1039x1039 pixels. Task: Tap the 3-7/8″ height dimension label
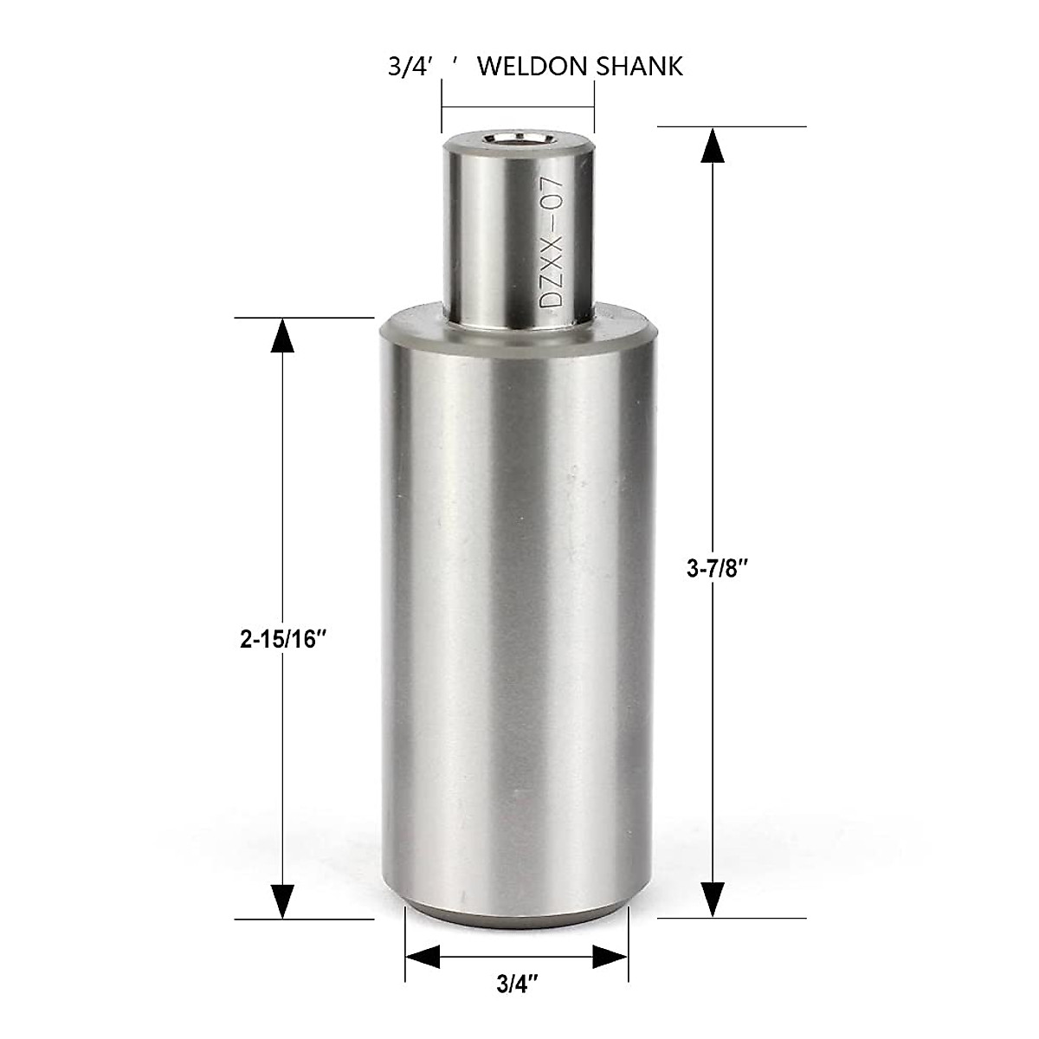click(716, 568)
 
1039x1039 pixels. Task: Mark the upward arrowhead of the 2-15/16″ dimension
click(282, 335)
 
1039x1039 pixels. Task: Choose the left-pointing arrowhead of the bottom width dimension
click(423, 957)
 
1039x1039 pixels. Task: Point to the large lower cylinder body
click(517, 606)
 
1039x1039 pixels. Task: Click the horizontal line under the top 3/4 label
click(518, 107)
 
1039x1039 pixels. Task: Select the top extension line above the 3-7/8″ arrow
click(732, 126)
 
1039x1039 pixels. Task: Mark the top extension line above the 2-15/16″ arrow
click(303, 318)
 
